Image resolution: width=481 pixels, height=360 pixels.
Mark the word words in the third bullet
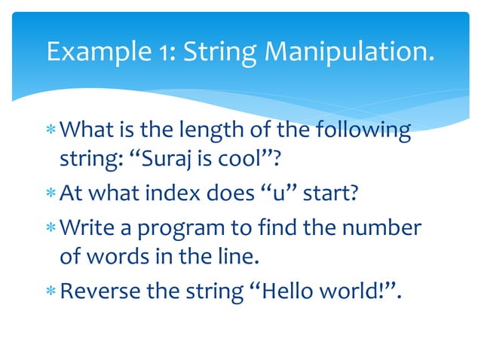click(x=112, y=257)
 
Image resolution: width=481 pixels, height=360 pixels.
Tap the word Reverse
click(x=96, y=290)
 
